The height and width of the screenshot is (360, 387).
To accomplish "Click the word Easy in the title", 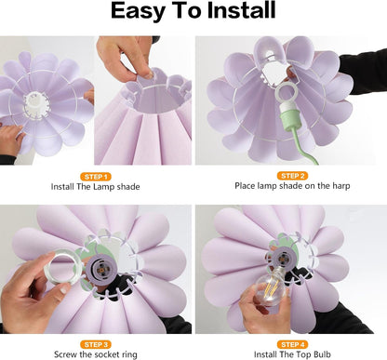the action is [138, 12].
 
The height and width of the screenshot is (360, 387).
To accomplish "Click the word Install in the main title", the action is [241, 10].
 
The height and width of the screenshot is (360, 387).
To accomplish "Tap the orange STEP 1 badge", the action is [96, 177].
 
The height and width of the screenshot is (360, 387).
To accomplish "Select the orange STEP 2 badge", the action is [292, 176].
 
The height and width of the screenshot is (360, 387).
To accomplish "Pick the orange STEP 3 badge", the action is [96, 344].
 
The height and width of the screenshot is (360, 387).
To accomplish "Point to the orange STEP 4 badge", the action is [292, 344].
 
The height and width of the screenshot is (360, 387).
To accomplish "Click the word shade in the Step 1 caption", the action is [128, 187].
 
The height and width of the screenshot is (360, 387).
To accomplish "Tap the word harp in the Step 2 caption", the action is [341, 186].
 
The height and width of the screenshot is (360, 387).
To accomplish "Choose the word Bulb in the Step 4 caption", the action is [322, 354].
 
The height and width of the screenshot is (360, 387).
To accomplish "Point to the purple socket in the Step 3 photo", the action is [100, 269].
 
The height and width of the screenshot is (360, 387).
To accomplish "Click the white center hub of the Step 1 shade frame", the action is [35, 102].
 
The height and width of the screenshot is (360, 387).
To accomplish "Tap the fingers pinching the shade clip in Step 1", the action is [144, 73].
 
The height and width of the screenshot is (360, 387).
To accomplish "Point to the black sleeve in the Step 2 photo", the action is [364, 72].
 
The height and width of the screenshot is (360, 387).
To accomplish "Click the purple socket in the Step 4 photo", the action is [282, 258].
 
